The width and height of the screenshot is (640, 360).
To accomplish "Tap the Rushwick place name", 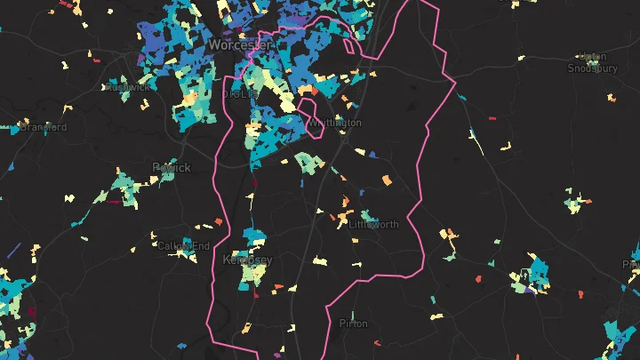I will (127, 87).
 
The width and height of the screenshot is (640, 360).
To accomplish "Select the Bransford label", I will (43, 127).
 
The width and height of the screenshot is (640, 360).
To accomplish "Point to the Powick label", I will (171, 167).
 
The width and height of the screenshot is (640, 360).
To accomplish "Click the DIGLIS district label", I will (237, 92).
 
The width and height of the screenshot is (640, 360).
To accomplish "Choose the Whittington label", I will (336, 123).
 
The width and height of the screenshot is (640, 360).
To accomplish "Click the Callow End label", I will (183, 245).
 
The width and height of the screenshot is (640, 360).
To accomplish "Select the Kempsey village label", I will (247, 260).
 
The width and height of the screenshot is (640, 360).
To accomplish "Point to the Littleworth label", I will (374, 225).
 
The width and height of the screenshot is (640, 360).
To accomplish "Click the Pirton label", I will (353, 324).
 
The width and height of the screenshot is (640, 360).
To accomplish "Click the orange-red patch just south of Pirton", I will (377, 343).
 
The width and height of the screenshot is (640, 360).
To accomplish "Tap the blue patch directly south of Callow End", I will (182, 346).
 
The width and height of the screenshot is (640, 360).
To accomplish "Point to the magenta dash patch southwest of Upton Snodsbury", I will (492, 117).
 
